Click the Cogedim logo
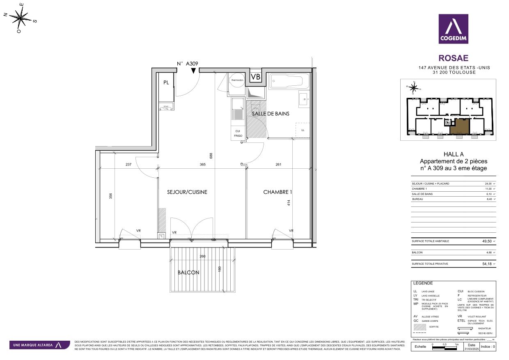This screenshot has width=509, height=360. pos(453,29)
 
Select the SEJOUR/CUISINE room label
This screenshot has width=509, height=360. pos(187,192)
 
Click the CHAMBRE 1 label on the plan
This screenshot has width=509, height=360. pos(277,192)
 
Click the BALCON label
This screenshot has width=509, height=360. pos(188,273)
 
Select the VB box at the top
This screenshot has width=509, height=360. pos(255,77)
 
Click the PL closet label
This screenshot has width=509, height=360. pos(166,83)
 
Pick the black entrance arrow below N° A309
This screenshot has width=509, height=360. pos(193,71)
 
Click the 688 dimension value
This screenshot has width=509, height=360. pos(211,156)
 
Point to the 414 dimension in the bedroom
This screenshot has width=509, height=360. pos(289,203)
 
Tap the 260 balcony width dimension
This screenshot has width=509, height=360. pos(202,257)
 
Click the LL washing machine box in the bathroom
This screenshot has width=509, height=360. pos(303,130)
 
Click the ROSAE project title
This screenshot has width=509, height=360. pos(453,58)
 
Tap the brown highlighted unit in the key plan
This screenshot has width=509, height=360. pos(459,126)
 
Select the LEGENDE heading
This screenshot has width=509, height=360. pos(423,283)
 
